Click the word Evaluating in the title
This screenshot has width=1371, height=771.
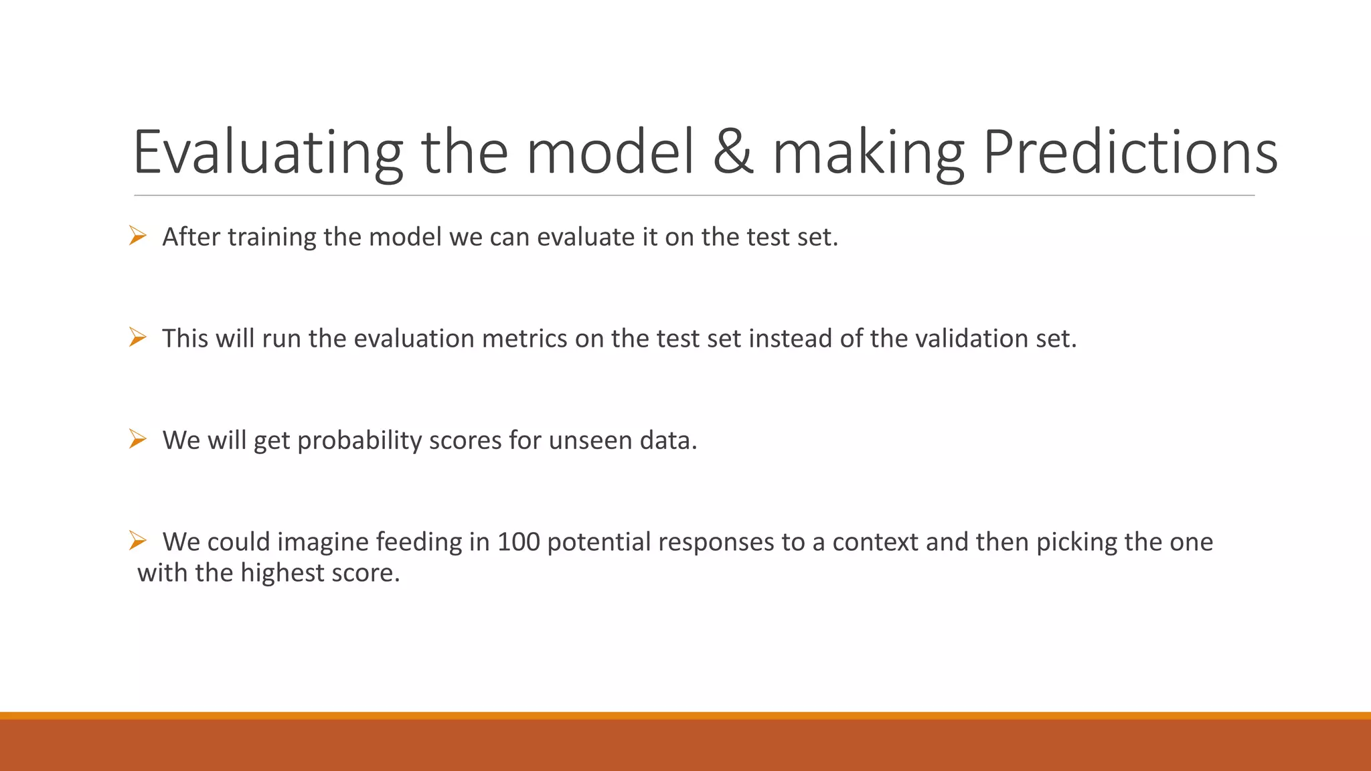268,153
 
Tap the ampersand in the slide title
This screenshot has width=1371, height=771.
733,153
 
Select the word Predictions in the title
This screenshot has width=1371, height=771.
1130,153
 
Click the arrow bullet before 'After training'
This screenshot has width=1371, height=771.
138,236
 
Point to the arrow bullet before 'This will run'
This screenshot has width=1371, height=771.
138,338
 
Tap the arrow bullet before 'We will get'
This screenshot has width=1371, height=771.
138,440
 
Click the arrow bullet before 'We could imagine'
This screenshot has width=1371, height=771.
138,540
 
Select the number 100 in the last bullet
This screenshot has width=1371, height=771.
518,542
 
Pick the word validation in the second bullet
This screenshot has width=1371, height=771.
971,339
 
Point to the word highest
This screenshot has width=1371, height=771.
282,574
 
